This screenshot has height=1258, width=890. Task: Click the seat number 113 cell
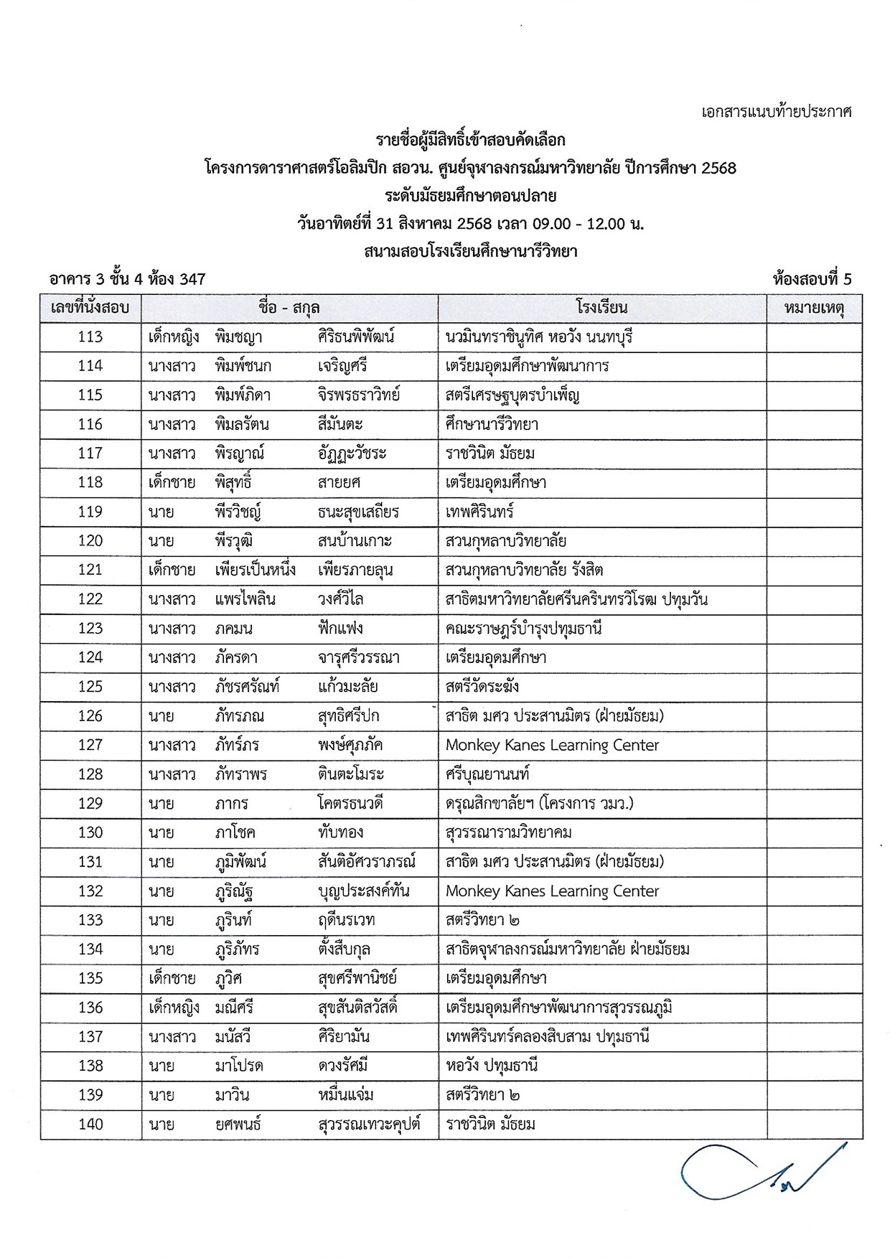point(90,337)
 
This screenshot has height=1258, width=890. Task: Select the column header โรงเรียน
point(601,309)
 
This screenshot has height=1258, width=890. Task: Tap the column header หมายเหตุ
point(814,309)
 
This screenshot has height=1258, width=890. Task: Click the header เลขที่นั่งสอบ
point(90,309)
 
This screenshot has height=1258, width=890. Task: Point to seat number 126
point(90,716)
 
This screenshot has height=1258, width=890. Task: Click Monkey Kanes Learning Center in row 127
point(552,746)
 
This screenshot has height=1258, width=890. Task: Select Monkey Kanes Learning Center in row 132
point(552,891)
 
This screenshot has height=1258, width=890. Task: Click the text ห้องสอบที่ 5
point(812,279)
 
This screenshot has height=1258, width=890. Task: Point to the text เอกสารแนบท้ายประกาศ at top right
point(776,112)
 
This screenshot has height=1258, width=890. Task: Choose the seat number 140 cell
point(90,1125)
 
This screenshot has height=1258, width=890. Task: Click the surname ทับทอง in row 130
point(340,833)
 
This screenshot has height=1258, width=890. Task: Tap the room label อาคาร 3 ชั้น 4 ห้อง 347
point(128,279)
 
